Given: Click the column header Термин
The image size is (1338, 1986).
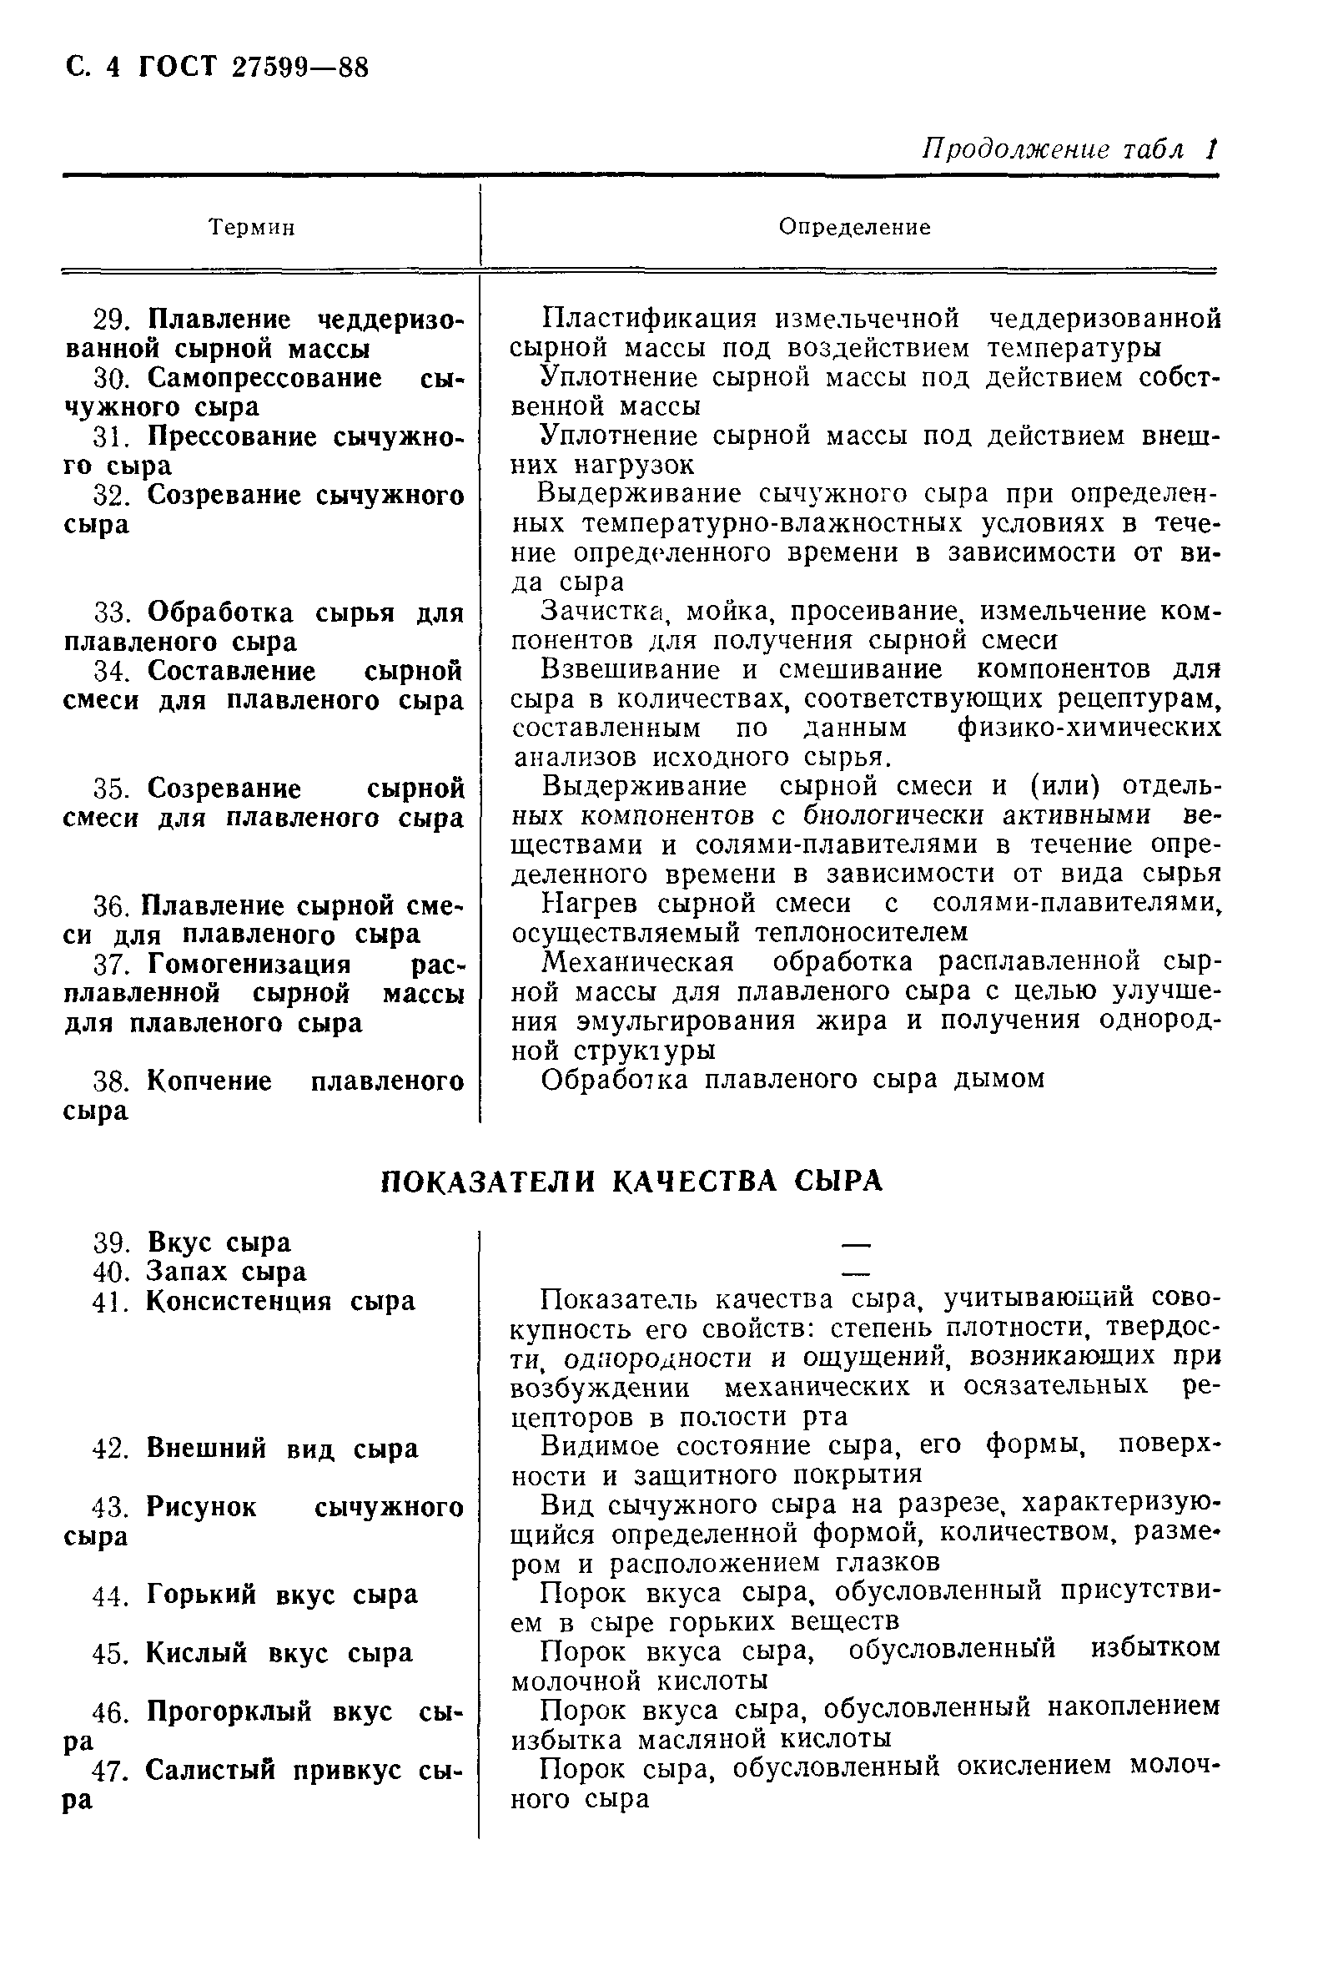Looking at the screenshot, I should coord(252,228).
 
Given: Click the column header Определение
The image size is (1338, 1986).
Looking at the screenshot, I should coord(854,227).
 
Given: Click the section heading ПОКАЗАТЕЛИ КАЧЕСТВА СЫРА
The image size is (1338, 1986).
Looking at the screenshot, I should coord(631,1182).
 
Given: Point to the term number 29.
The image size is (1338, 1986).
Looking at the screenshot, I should coord(109,320).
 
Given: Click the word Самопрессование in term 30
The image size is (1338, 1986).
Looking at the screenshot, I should coord(264,378).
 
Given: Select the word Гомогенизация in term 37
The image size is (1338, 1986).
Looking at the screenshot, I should coord(249,965).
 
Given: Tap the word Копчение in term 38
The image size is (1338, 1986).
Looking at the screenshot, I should coord(209,1081).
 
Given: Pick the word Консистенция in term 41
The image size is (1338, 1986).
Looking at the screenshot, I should coord(239,1302).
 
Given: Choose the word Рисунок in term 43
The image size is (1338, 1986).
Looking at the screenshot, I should coord(200,1507).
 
